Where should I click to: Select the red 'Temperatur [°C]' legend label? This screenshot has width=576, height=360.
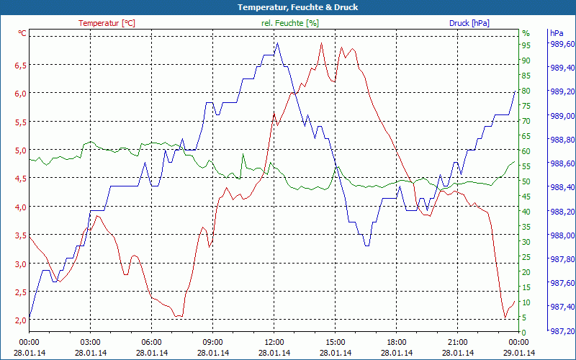click(107, 23)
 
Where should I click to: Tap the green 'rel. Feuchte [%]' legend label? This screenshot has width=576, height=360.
click(289, 23)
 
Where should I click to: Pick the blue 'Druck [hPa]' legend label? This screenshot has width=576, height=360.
click(469, 23)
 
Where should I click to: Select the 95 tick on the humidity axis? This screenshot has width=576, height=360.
click(526, 45)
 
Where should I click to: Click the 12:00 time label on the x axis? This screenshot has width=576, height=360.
click(274, 342)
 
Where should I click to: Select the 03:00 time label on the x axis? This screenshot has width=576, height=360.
click(90, 342)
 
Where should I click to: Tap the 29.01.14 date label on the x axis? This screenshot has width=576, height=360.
click(519, 353)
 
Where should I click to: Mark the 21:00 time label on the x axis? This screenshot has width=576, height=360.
click(458, 342)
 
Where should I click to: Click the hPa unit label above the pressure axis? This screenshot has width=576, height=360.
click(557, 33)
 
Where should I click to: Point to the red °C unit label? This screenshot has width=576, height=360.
click(22, 33)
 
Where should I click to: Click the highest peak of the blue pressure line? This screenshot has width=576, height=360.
click(277, 43)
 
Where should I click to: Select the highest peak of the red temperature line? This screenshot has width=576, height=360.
click(321, 43)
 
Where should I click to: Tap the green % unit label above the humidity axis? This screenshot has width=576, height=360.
click(526, 33)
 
